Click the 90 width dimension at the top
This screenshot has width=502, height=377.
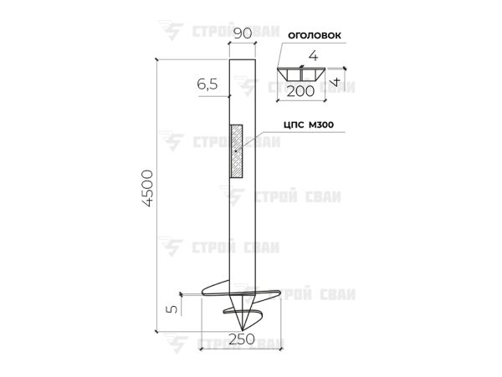click(243, 33)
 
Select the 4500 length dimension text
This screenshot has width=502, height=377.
click(147, 188)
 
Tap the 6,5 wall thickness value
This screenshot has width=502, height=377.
click(207, 84)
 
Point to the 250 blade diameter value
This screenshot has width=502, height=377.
click(242, 339)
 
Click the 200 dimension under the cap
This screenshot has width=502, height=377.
click(300, 91)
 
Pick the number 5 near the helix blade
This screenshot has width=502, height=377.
click(172, 309)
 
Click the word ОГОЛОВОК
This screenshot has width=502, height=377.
click(315, 35)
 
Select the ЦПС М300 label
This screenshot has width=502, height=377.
click(309, 125)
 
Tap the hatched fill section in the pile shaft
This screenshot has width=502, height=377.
click(236, 151)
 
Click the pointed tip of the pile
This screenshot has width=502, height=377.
click(242, 330)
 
